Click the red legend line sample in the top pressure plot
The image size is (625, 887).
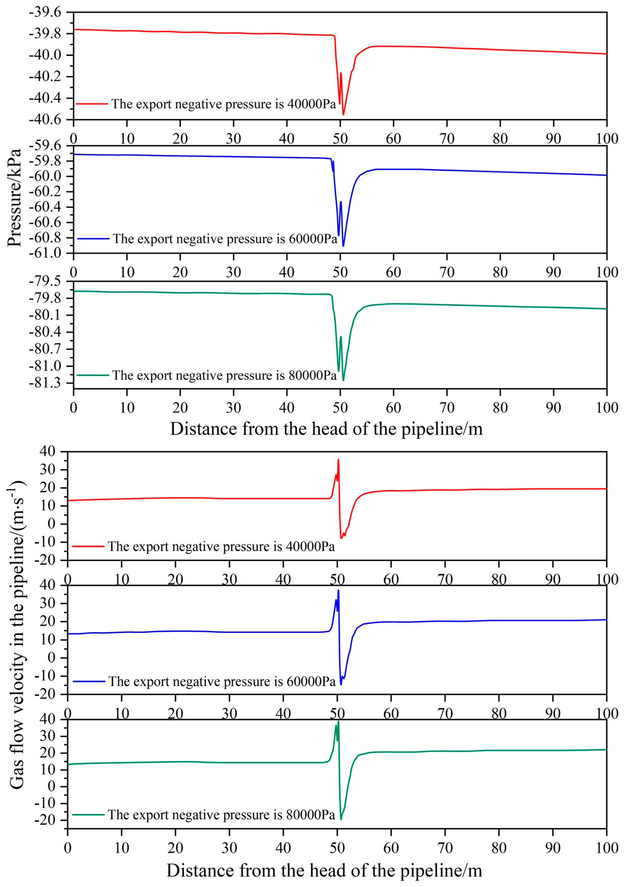click(x=92, y=104)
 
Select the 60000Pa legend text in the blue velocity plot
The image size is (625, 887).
click(x=222, y=682)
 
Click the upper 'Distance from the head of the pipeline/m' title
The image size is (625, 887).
click(x=326, y=429)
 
